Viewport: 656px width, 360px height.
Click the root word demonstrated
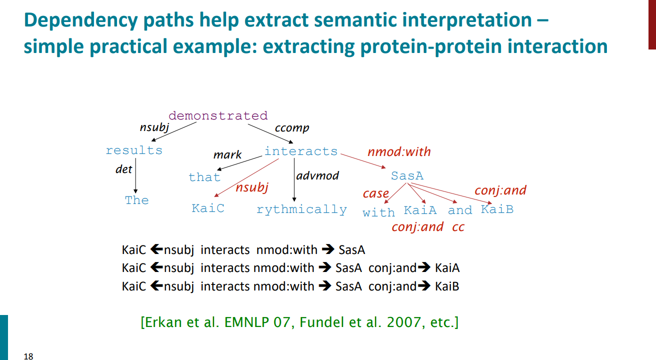click(x=218, y=115)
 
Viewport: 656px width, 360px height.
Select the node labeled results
click(x=134, y=150)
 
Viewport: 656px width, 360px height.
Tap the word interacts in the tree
click(x=301, y=151)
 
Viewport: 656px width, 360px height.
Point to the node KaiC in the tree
click(x=208, y=208)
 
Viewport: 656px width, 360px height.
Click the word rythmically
click(x=302, y=209)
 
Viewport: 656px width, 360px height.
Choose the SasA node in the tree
click(x=407, y=175)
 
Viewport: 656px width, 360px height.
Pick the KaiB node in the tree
click(x=497, y=209)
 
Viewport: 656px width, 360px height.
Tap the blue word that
click(x=205, y=177)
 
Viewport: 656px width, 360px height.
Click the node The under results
click(x=137, y=200)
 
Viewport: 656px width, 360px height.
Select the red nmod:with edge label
click(x=399, y=151)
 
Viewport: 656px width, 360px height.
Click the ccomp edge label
click(x=292, y=128)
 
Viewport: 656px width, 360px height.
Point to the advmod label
click(x=317, y=175)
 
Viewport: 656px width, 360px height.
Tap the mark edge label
click(x=228, y=154)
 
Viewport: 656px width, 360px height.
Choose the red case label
click(x=376, y=193)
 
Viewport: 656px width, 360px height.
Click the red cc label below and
click(x=458, y=227)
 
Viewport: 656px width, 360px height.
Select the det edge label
click(x=124, y=169)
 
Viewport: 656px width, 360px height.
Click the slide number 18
click(x=29, y=356)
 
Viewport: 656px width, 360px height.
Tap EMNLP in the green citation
click(x=247, y=322)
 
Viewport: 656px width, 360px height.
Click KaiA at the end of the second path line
click(x=447, y=268)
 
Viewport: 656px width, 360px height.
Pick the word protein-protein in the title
click(x=431, y=46)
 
